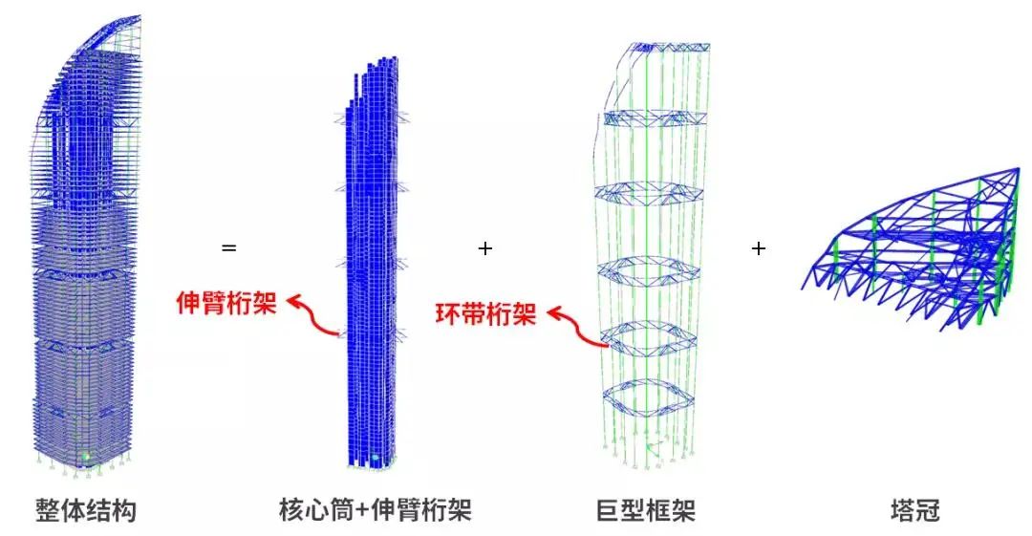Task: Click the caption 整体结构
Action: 86,510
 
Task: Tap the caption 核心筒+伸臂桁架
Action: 376,510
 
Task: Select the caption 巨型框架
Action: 646,510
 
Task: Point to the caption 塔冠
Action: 914,510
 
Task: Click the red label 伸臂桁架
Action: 226,303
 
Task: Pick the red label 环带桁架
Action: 485,314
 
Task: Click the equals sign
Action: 228,248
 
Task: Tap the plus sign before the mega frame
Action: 485,248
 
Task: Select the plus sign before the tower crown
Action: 758,248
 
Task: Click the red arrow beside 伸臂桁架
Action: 314,316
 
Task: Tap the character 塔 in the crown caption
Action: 902,510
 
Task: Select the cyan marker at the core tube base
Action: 376,457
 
